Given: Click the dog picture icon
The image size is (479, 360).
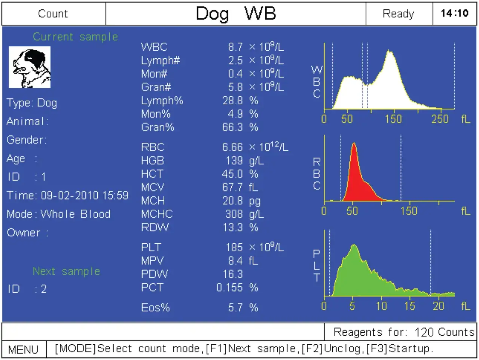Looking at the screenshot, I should (x=30, y=67).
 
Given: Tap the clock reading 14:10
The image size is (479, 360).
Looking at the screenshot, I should (x=454, y=13).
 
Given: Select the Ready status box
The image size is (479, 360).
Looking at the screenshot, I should (x=399, y=14).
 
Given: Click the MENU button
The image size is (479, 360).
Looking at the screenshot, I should (x=24, y=350).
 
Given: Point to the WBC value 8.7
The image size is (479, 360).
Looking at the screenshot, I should (x=235, y=47).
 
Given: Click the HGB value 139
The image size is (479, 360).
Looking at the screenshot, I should (x=234, y=161).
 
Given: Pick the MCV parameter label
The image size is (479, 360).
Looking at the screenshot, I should (x=153, y=187).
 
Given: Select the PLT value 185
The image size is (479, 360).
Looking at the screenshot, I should (x=234, y=247).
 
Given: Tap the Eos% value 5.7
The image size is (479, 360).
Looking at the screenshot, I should (x=235, y=308).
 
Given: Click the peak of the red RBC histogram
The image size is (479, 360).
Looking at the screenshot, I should (x=354, y=144).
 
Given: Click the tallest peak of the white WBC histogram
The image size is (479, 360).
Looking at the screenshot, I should (x=390, y=51).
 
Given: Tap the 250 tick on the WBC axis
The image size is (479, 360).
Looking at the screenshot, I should (x=440, y=119).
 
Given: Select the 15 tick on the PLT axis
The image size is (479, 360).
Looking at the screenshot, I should (x=410, y=306).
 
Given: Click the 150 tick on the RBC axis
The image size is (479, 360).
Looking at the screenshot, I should (x=409, y=211).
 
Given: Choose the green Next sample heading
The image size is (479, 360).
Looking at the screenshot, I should (x=66, y=271).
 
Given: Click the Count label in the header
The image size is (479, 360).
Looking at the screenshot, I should (x=53, y=14).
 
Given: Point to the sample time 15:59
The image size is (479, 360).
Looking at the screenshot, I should (x=116, y=196).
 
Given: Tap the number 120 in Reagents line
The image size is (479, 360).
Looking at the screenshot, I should (x=424, y=332).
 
